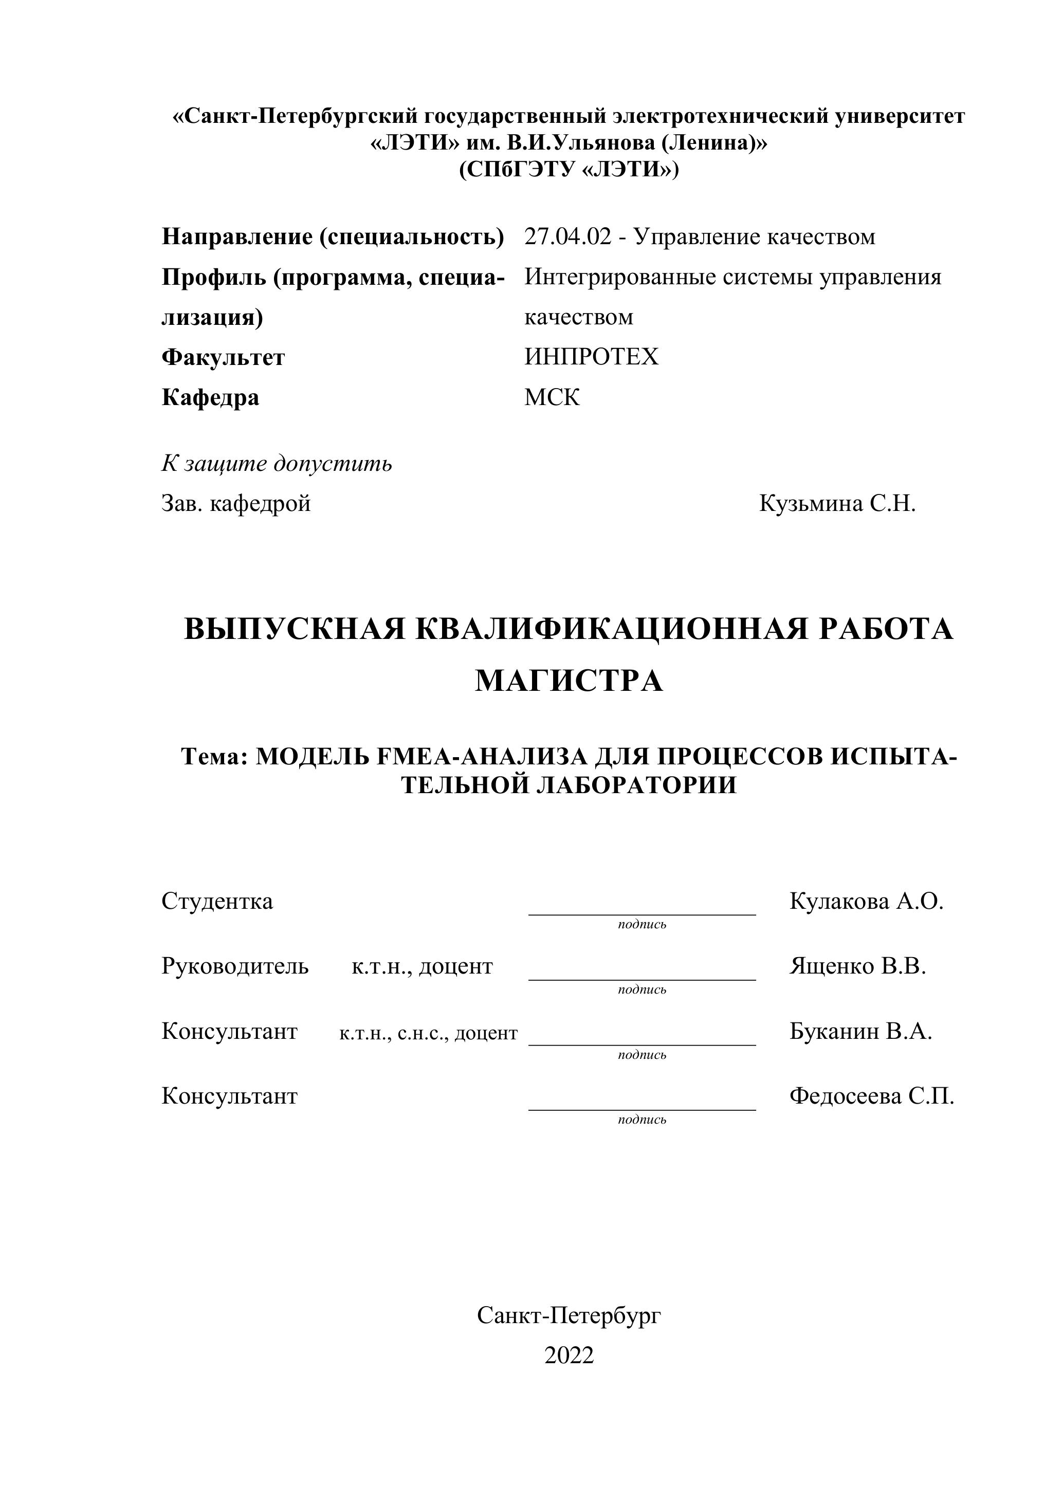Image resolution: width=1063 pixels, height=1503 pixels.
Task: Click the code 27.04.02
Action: coord(567,237)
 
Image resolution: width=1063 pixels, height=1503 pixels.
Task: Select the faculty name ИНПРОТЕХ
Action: coord(591,357)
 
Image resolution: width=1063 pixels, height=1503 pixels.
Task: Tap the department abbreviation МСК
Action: coord(552,397)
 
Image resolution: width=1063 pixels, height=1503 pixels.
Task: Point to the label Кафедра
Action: coord(210,398)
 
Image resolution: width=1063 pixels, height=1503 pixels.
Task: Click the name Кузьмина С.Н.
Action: coord(837,504)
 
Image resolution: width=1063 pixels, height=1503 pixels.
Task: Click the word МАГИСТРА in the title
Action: coord(569,681)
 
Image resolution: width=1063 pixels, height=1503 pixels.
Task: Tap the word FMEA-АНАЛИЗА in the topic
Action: coord(482,757)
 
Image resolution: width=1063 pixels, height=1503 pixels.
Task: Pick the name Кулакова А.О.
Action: coord(866,902)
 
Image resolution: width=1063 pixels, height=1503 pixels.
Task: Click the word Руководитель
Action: coord(235,966)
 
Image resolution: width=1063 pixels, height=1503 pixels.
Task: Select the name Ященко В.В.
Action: coord(857,966)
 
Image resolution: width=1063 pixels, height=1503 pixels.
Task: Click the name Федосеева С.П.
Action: coord(871,1096)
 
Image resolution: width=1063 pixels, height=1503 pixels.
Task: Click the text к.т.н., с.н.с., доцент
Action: coord(428,1034)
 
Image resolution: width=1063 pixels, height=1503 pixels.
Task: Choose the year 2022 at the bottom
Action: coord(569,1355)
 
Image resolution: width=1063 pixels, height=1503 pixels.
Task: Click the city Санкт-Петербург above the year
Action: coord(569,1315)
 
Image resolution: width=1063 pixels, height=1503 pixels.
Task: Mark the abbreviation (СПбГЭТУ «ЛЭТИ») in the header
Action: coord(569,170)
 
